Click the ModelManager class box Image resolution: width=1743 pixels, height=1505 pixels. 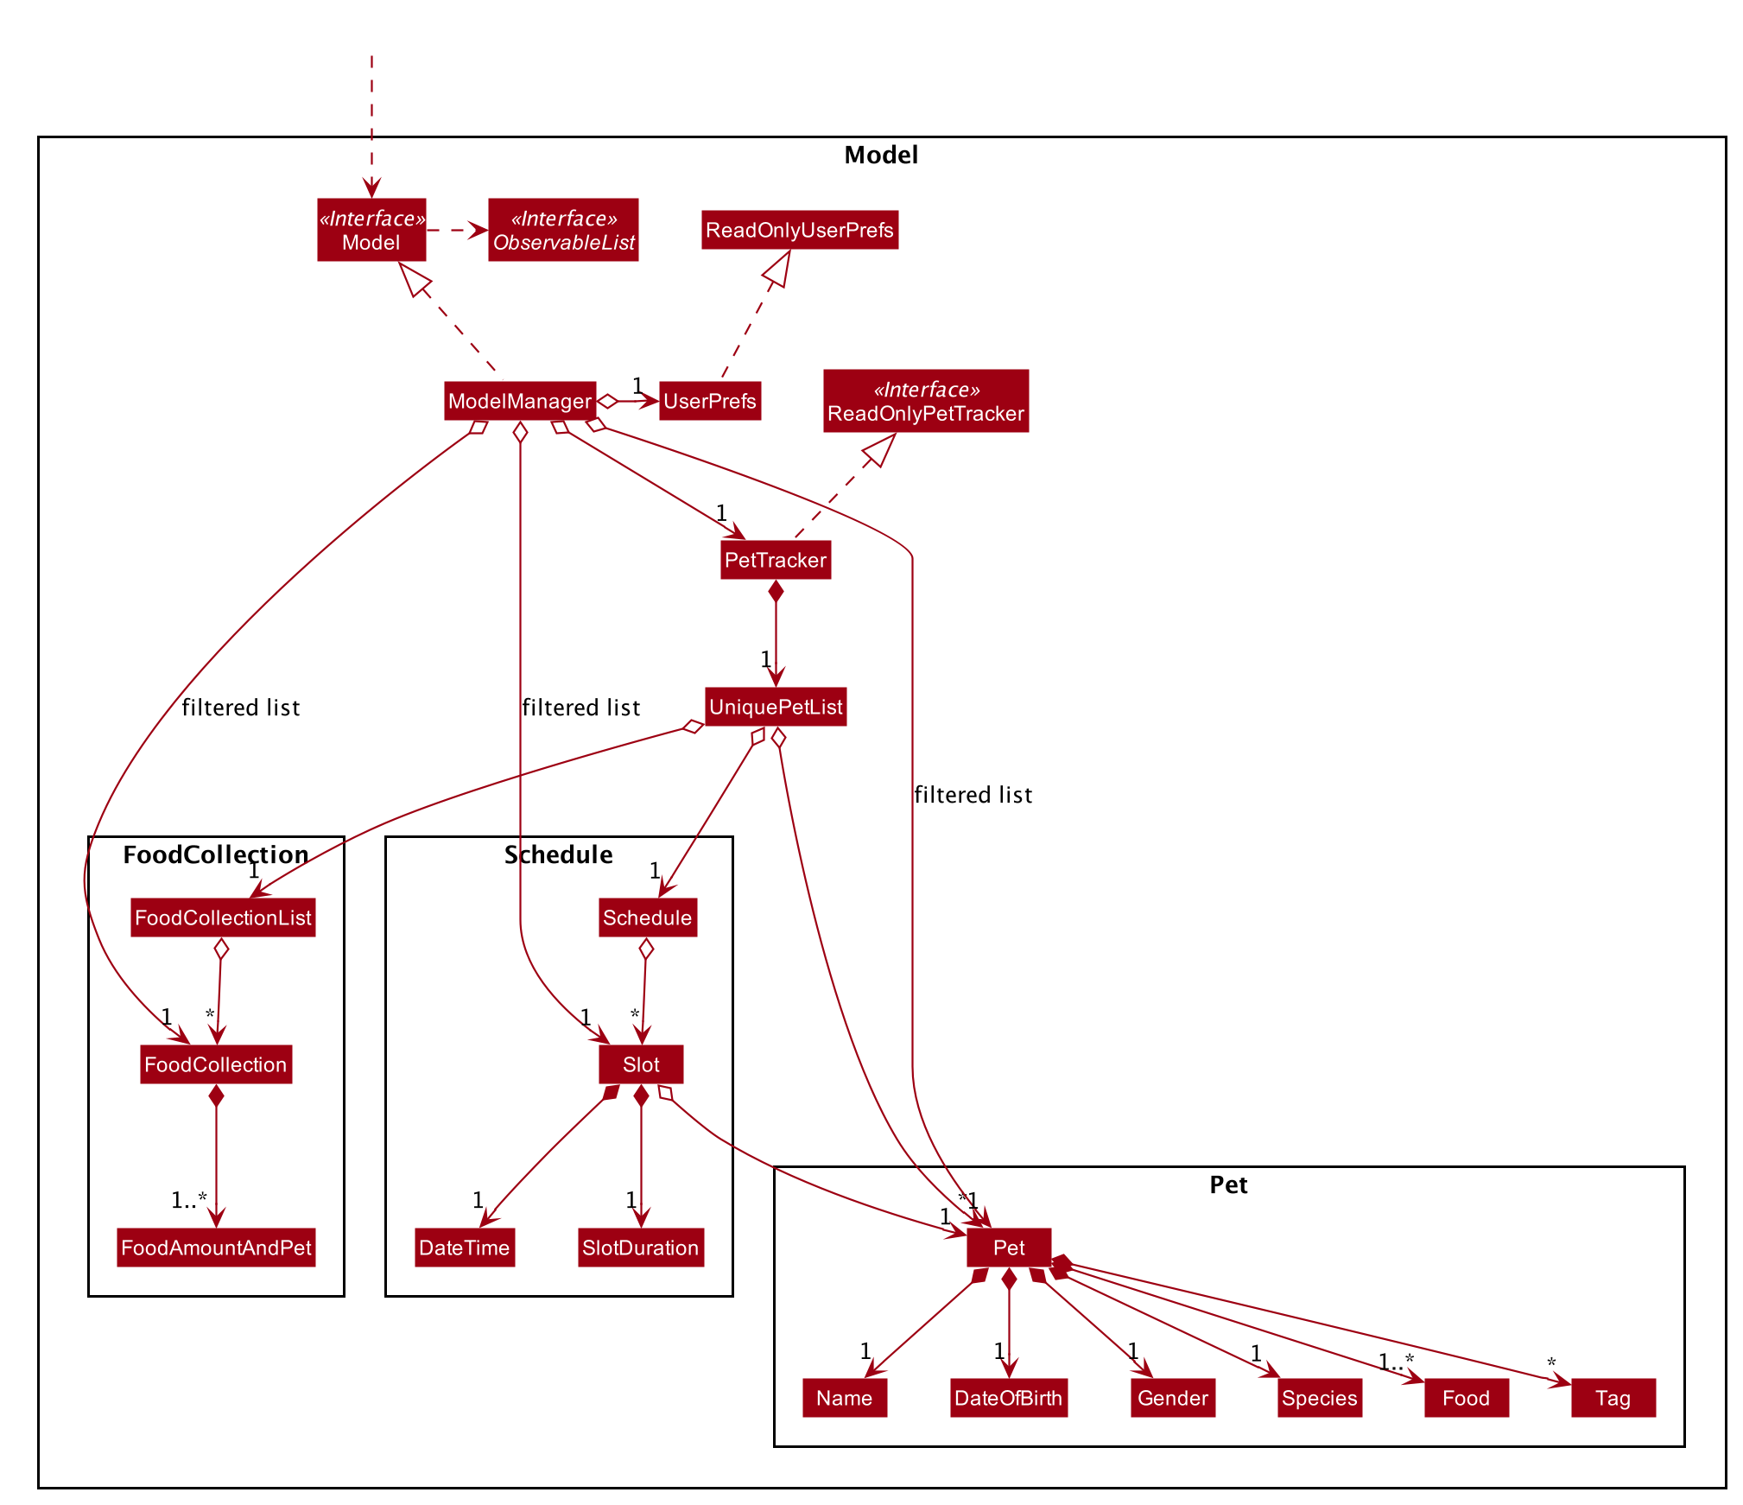(520, 401)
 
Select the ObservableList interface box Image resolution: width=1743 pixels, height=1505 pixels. (563, 230)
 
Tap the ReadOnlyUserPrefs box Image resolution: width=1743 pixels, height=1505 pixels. (800, 230)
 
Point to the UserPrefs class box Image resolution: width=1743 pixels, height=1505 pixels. (710, 401)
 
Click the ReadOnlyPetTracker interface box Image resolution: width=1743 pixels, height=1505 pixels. (926, 401)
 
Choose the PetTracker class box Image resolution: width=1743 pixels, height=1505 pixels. (776, 560)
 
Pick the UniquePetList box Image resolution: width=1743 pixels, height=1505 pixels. (776, 707)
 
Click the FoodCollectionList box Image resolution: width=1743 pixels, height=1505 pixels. (223, 918)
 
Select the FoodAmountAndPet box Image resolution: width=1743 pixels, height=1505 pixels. (216, 1248)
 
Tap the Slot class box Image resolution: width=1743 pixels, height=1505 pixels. (641, 1064)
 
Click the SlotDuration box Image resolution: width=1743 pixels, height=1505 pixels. (641, 1248)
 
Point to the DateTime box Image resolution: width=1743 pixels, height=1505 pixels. (465, 1248)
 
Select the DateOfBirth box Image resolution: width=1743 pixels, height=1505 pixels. (1009, 1398)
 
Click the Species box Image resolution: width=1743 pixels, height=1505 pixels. (1320, 1398)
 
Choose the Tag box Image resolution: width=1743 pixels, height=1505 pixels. (1613, 1398)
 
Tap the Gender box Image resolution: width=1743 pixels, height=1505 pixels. (1173, 1398)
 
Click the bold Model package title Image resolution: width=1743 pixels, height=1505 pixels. (881, 155)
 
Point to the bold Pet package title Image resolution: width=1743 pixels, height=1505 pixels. (1228, 1184)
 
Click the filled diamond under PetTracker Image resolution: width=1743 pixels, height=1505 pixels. (776, 591)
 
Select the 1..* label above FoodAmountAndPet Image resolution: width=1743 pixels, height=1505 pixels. (189, 1199)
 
